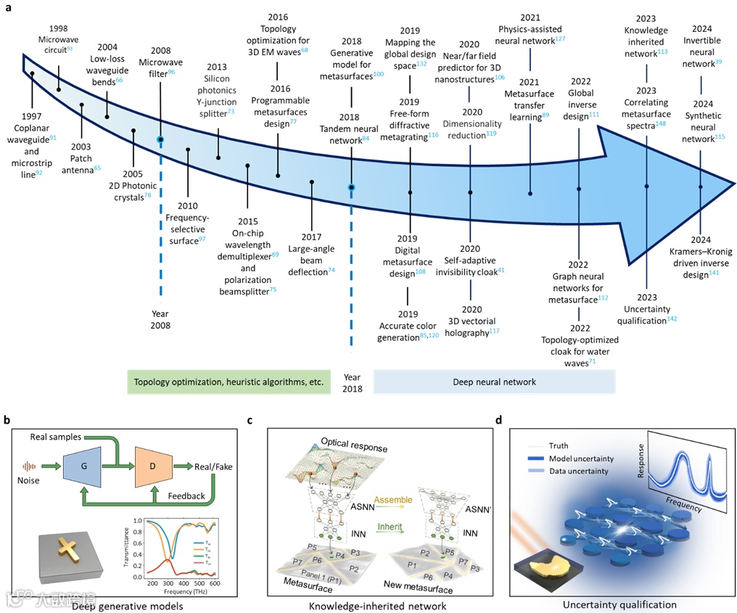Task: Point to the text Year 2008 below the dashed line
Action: pos(160,320)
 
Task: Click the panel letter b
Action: pos(7,419)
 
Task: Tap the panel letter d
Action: pos(498,419)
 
